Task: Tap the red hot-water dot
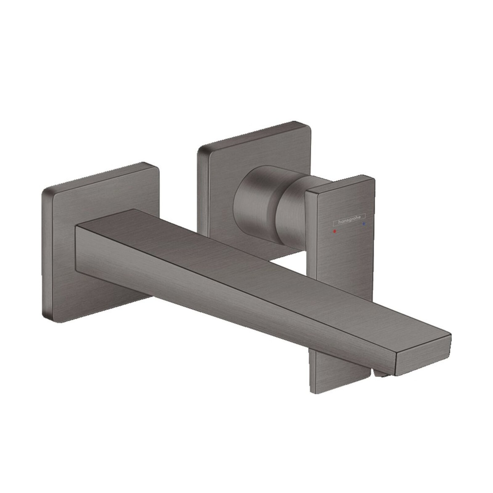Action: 335,231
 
